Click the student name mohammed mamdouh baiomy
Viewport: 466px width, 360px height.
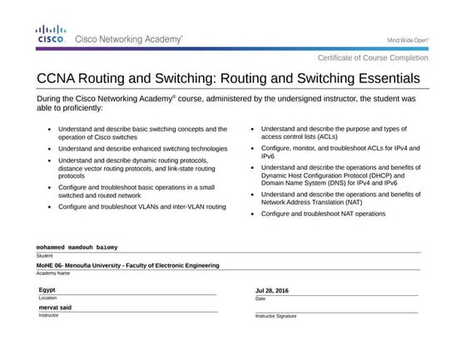click(77, 248)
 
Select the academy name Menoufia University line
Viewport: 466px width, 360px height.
click(127, 266)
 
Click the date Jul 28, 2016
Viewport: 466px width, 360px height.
click(271, 290)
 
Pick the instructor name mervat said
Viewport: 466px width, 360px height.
click(56, 308)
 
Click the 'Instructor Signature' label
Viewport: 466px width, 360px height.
click(275, 317)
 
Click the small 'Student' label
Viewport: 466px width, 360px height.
click(44, 255)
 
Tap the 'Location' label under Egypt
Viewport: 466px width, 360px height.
click(47, 298)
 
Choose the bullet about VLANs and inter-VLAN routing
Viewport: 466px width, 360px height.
click(141, 205)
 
